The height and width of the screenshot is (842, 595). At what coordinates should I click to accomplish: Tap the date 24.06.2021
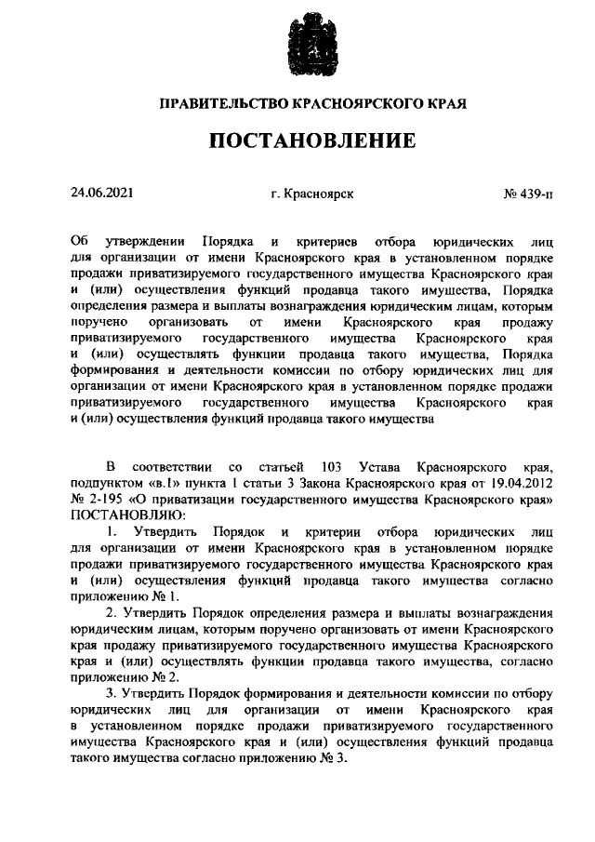(102, 194)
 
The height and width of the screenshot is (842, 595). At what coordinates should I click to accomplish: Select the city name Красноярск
(318, 195)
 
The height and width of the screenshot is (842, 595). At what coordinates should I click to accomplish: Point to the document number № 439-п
(527, 195)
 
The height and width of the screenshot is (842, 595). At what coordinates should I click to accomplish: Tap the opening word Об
(78, 242)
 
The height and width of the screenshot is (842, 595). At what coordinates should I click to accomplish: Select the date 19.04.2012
(522, 483)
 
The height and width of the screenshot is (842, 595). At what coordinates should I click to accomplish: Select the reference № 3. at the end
(332, 759)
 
